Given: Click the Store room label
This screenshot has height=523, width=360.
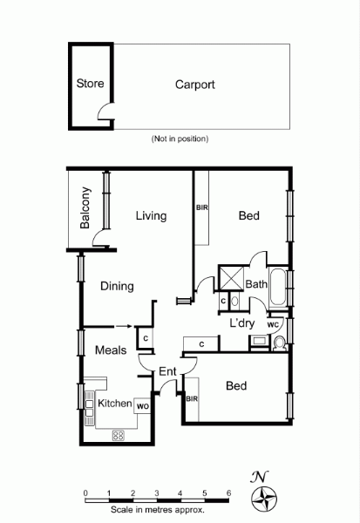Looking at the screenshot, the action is (90, 84).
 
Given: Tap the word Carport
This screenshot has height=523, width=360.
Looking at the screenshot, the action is (195, 85).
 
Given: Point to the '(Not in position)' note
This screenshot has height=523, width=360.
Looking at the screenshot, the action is (180, 139).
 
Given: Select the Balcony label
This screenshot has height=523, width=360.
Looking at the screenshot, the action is (85, 207).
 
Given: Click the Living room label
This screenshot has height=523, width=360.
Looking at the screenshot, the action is (151, 216).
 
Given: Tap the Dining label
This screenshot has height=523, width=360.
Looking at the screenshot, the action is (117, 286).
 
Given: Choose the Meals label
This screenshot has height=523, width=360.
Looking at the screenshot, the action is (111, 350).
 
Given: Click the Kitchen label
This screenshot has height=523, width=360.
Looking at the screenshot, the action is (115, 404).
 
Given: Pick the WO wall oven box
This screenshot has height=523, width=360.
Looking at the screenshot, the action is (142, 406).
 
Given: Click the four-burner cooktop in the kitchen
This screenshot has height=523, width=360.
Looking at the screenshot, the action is (118, 435).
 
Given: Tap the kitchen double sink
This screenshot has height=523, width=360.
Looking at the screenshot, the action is (89, 408).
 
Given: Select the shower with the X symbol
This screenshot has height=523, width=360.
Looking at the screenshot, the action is (232, 278).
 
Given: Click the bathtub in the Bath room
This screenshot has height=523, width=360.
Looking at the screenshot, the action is (277, 286).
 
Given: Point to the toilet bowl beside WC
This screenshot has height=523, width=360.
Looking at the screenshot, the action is (280, 343).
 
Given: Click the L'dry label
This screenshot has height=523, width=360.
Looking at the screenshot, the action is (242, 323).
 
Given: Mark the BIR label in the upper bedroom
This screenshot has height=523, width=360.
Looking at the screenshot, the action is (202, 207).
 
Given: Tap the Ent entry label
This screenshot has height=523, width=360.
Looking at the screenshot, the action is (167, 371).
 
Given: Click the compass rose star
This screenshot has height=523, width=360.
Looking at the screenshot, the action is (264, 499).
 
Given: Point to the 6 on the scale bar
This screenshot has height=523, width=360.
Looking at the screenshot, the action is (228, 493).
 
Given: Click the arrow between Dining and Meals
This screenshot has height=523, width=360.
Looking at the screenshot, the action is (125, 327).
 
